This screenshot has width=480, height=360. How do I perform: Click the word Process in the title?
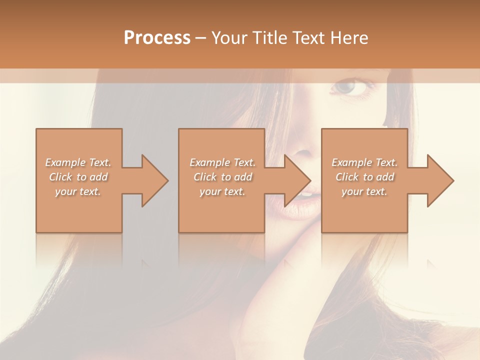157,38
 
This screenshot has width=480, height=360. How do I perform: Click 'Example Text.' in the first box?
78,162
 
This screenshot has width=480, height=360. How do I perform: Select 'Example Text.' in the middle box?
222,162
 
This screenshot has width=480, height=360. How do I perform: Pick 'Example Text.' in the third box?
364,162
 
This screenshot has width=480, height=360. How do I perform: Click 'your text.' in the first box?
78,191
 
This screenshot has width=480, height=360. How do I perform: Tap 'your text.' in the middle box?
222,191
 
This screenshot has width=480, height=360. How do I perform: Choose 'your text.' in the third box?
364,191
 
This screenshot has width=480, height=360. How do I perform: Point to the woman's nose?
302,150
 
